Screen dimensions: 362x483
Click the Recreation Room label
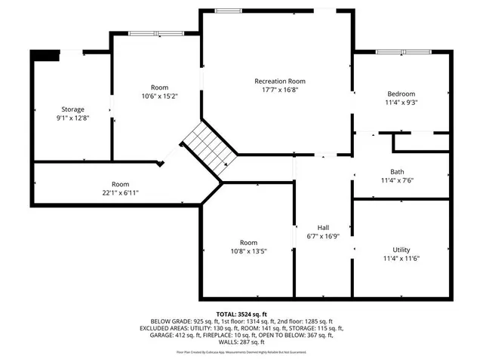(x=280, y=81)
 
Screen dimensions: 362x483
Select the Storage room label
(x=72, y=109)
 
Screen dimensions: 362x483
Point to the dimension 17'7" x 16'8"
(x=280, y=90)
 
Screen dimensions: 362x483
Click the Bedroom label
(x=401, y=94)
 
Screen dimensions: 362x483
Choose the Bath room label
(x=401, y=171)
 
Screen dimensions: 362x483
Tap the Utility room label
(x=401, y=249)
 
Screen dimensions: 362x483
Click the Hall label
(x=323, y=228)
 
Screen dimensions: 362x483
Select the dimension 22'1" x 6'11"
(x=120, y=193)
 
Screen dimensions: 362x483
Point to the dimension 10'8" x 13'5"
(x=248, y=251)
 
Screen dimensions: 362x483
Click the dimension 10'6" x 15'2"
(x=159, y=97)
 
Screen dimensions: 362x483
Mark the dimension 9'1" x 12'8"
(x=72, y=118)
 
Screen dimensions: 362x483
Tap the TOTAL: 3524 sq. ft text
(x=241, y=314)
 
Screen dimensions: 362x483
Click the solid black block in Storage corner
(x=45, y=55)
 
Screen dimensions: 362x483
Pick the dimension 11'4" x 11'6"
(x=401, y=258)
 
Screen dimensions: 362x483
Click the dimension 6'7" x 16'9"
(x=323, y=237)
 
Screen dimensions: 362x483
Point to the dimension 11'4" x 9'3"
(x=401, y=103)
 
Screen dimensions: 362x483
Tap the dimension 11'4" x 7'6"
(x=401, y=180)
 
